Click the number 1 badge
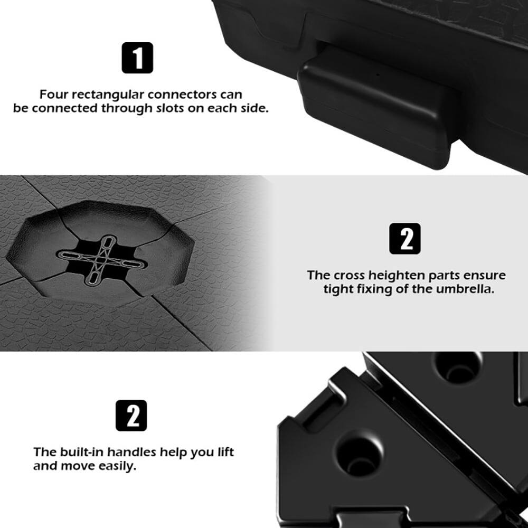coord(137,58)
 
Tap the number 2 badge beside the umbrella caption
coord(405,239)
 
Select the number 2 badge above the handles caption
coord(131,416)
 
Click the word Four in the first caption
coord(54,95)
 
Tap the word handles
coord(131,452)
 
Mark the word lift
coord(224,452)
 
